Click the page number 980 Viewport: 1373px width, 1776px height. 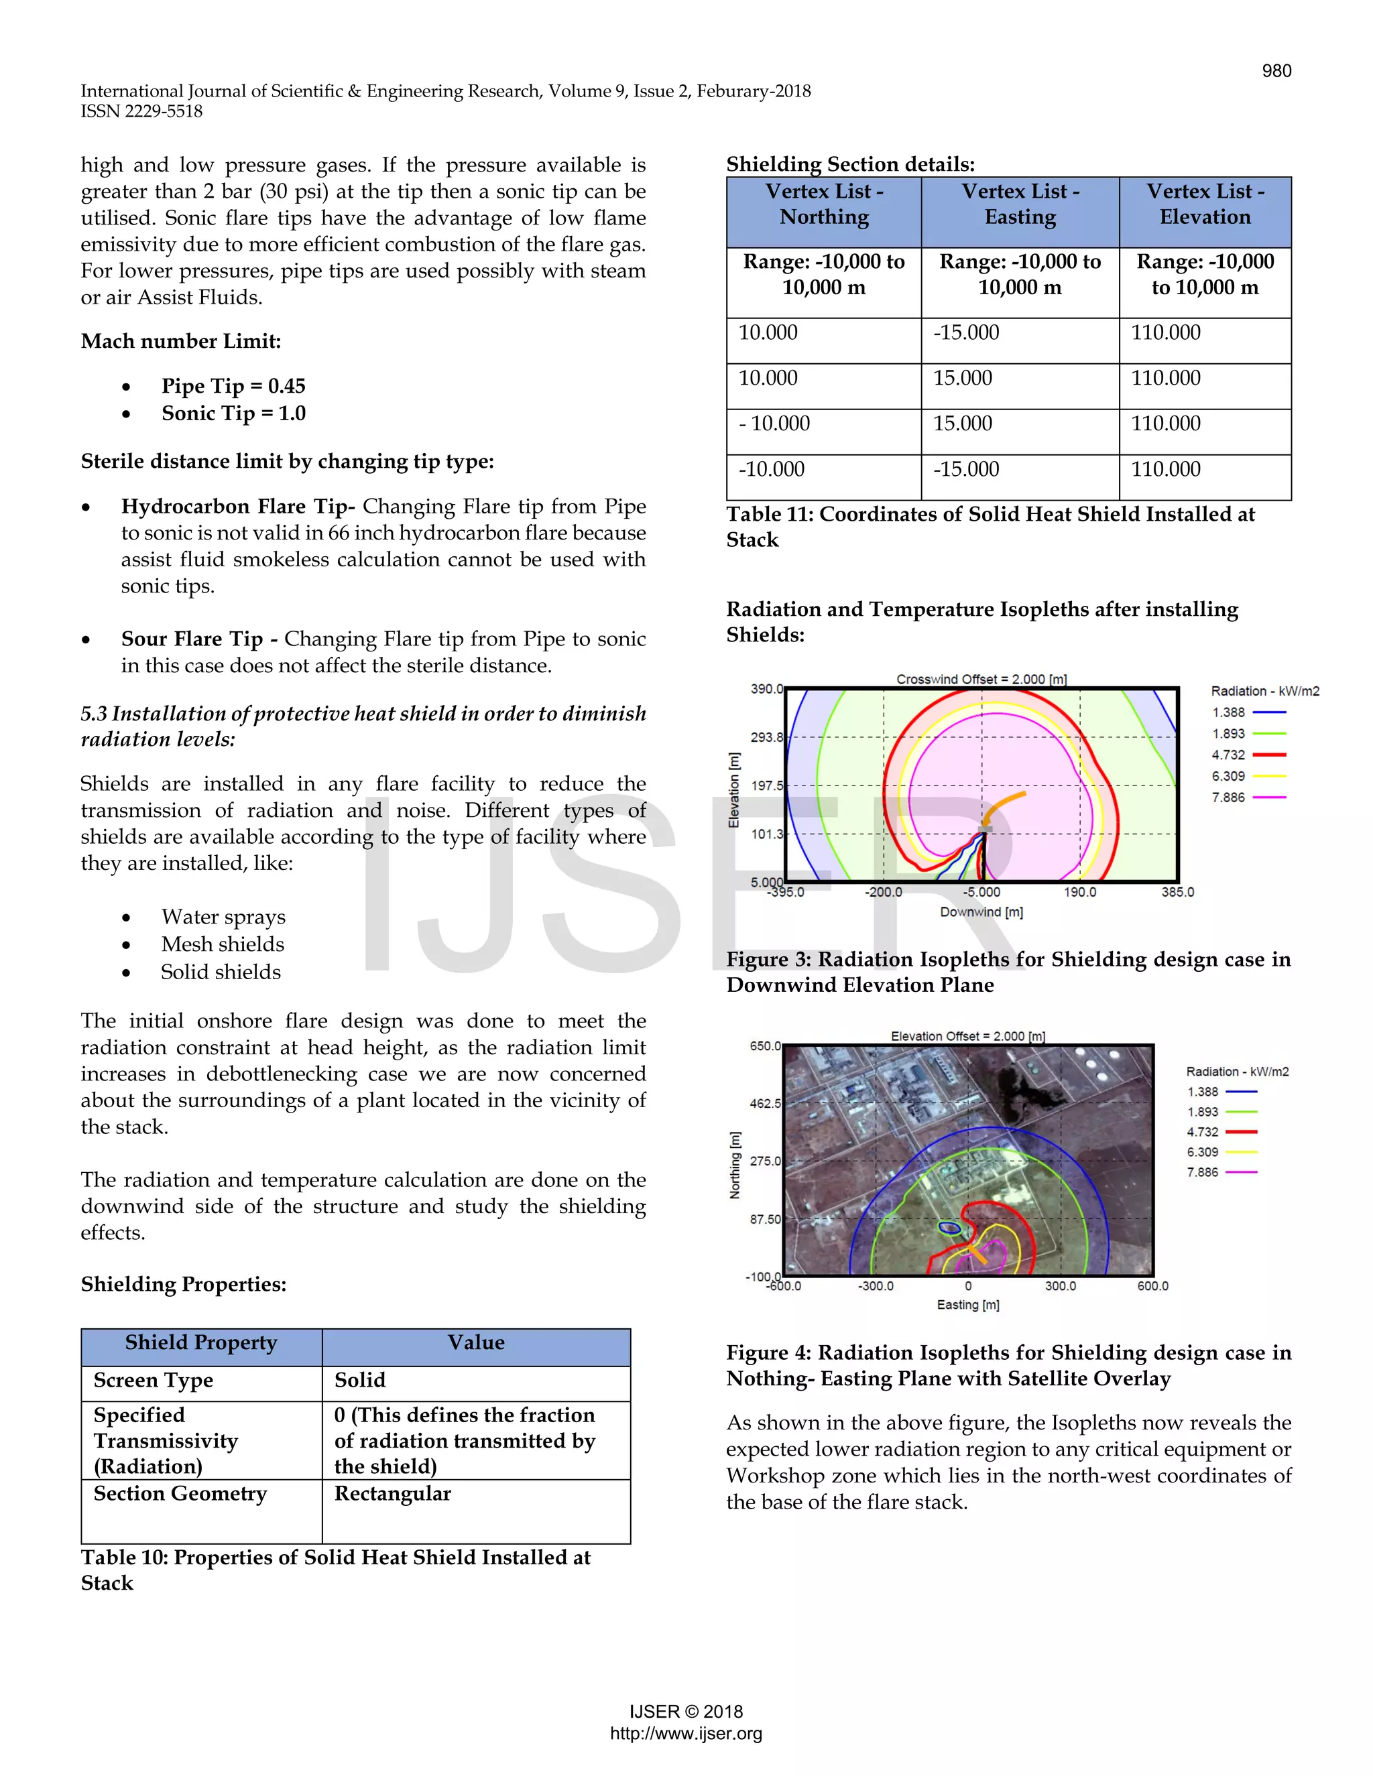(1275, 71)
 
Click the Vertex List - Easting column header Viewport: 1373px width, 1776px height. (1020, 204)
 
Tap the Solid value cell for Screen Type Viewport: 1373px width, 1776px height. (360, 1380)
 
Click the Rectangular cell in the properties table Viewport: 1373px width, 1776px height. (393, 1494)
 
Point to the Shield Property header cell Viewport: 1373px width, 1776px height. (201, 1342)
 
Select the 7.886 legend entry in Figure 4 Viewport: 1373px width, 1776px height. (1221, 1171)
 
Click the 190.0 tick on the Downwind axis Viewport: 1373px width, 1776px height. (1079, 892)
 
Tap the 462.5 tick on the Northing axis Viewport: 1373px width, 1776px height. (764, 1104)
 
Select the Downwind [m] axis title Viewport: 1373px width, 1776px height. (981, 911)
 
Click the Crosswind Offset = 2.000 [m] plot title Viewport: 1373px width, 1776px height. (981, 679)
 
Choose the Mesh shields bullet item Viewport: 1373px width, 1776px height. (222, 944)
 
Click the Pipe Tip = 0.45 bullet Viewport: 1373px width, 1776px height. (233, 386)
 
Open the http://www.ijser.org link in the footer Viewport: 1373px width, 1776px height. (686, 1733)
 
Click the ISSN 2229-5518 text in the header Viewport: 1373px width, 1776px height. (141, 111)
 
